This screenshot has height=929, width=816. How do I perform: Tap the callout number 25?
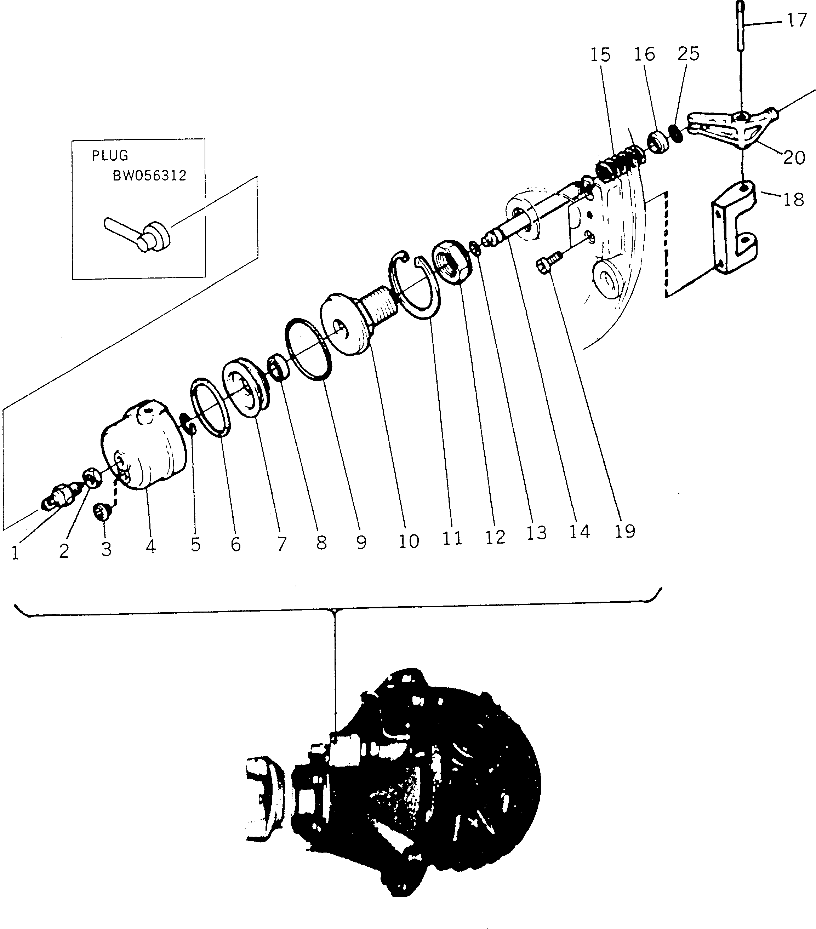pos(688,54)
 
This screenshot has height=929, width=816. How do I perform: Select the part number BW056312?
pos(149,176)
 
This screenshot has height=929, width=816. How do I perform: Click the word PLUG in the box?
pos(110,156)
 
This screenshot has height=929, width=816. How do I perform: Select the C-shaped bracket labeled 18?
pos(733,228)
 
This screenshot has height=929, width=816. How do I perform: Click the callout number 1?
pos(16,553)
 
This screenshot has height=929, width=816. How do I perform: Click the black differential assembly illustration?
pos(409,791)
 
